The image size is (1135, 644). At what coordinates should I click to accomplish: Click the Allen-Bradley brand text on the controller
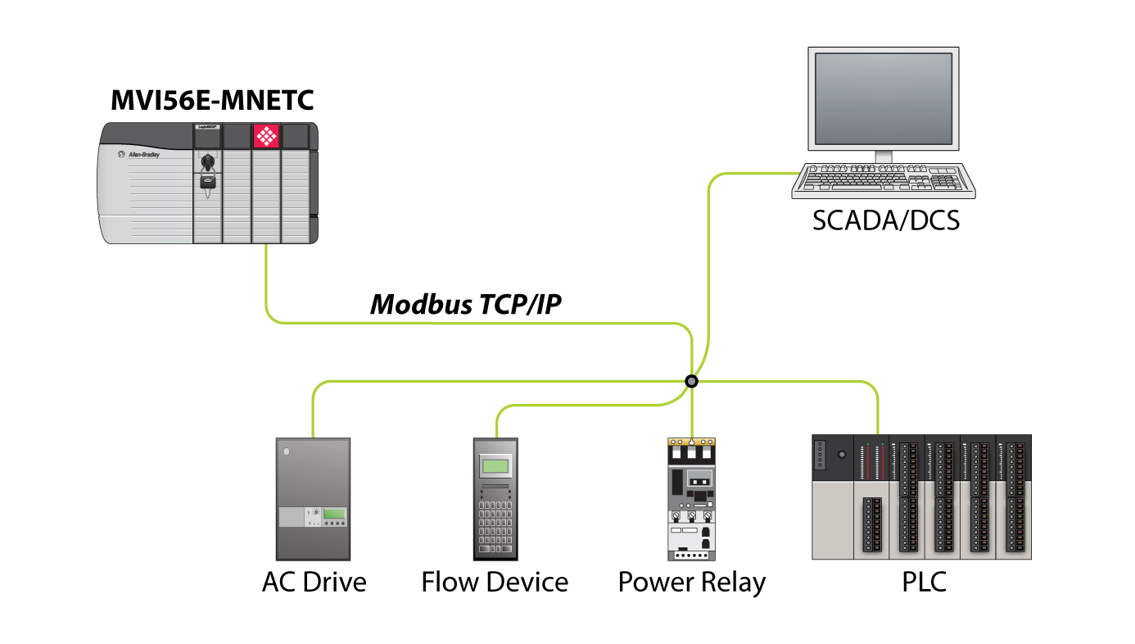click(x=144, y=155)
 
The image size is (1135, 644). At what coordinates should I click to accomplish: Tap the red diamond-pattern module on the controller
click(x=266, y=135)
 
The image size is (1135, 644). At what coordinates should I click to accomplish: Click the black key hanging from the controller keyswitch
click(x=208, y=182)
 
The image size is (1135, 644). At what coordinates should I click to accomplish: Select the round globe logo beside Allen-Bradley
click(x=121, y=154)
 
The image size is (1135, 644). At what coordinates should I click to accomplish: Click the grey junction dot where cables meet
click(x=691, y=382)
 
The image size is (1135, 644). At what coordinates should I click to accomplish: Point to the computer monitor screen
click(x=884, y=98)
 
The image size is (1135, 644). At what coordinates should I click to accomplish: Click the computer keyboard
click(x=884, y=179)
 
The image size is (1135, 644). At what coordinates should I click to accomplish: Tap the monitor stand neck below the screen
click(x=884, y=156)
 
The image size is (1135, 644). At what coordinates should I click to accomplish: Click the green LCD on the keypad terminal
click(x=495, y=466)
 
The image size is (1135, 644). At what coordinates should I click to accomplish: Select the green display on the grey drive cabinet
click(x=334, y=514)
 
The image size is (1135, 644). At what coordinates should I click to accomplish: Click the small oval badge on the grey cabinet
click(x=287, y=451)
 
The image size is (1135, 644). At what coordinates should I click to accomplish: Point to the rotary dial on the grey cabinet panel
click(x=315, y=512)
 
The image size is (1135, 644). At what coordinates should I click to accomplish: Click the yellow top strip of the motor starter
click(x=691, y=442)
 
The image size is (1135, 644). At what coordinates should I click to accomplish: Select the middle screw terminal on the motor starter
click(x=691, y=517)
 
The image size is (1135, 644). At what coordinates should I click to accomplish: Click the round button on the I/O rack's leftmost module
click(x=841, y=454)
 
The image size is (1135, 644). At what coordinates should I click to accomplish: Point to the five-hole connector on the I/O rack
click(x=820, y=455)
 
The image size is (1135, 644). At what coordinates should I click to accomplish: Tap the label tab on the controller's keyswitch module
click(x=207, y=127)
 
